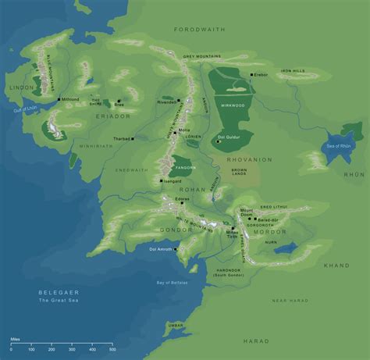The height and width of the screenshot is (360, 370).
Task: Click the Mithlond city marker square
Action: click(59, 99)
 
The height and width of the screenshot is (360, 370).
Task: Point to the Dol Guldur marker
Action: click(212, 137)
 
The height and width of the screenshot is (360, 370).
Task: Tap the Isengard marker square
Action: click(162, 180)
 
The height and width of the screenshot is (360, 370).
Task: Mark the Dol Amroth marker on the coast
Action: click(176, 250)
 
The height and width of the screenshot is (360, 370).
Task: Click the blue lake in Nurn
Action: click(286, 248)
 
